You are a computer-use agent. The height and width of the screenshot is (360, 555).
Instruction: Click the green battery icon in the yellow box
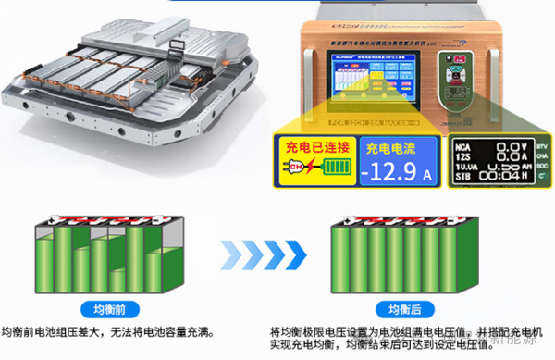pyautogui.click(x=334, y=173)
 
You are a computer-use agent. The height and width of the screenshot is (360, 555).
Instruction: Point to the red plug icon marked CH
pyautogui.click(x=297, y=173)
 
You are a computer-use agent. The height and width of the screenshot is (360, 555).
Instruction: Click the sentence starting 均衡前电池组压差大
pyautogui.click(x=111, y=330)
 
